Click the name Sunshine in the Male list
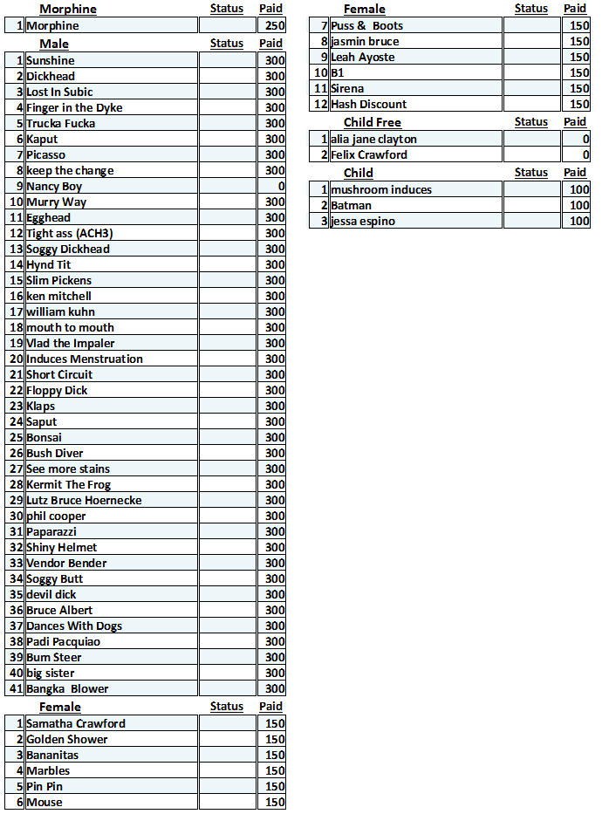coord(51,61)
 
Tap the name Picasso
coord(45,155)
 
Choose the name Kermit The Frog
coord(69,485)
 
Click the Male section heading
coord(54,44)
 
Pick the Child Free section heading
coord(373,123)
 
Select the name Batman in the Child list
coord(351,206)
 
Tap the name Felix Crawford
coord(369,155)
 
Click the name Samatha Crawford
coord(76,724)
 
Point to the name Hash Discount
coord(369,105)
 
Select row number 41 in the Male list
coord(16,689)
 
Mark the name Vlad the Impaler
coord(71,344)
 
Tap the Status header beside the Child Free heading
coord(531,123)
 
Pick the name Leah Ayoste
coord(363,58)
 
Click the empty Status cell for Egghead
coord(227,218)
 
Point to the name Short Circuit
coord(59,375)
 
